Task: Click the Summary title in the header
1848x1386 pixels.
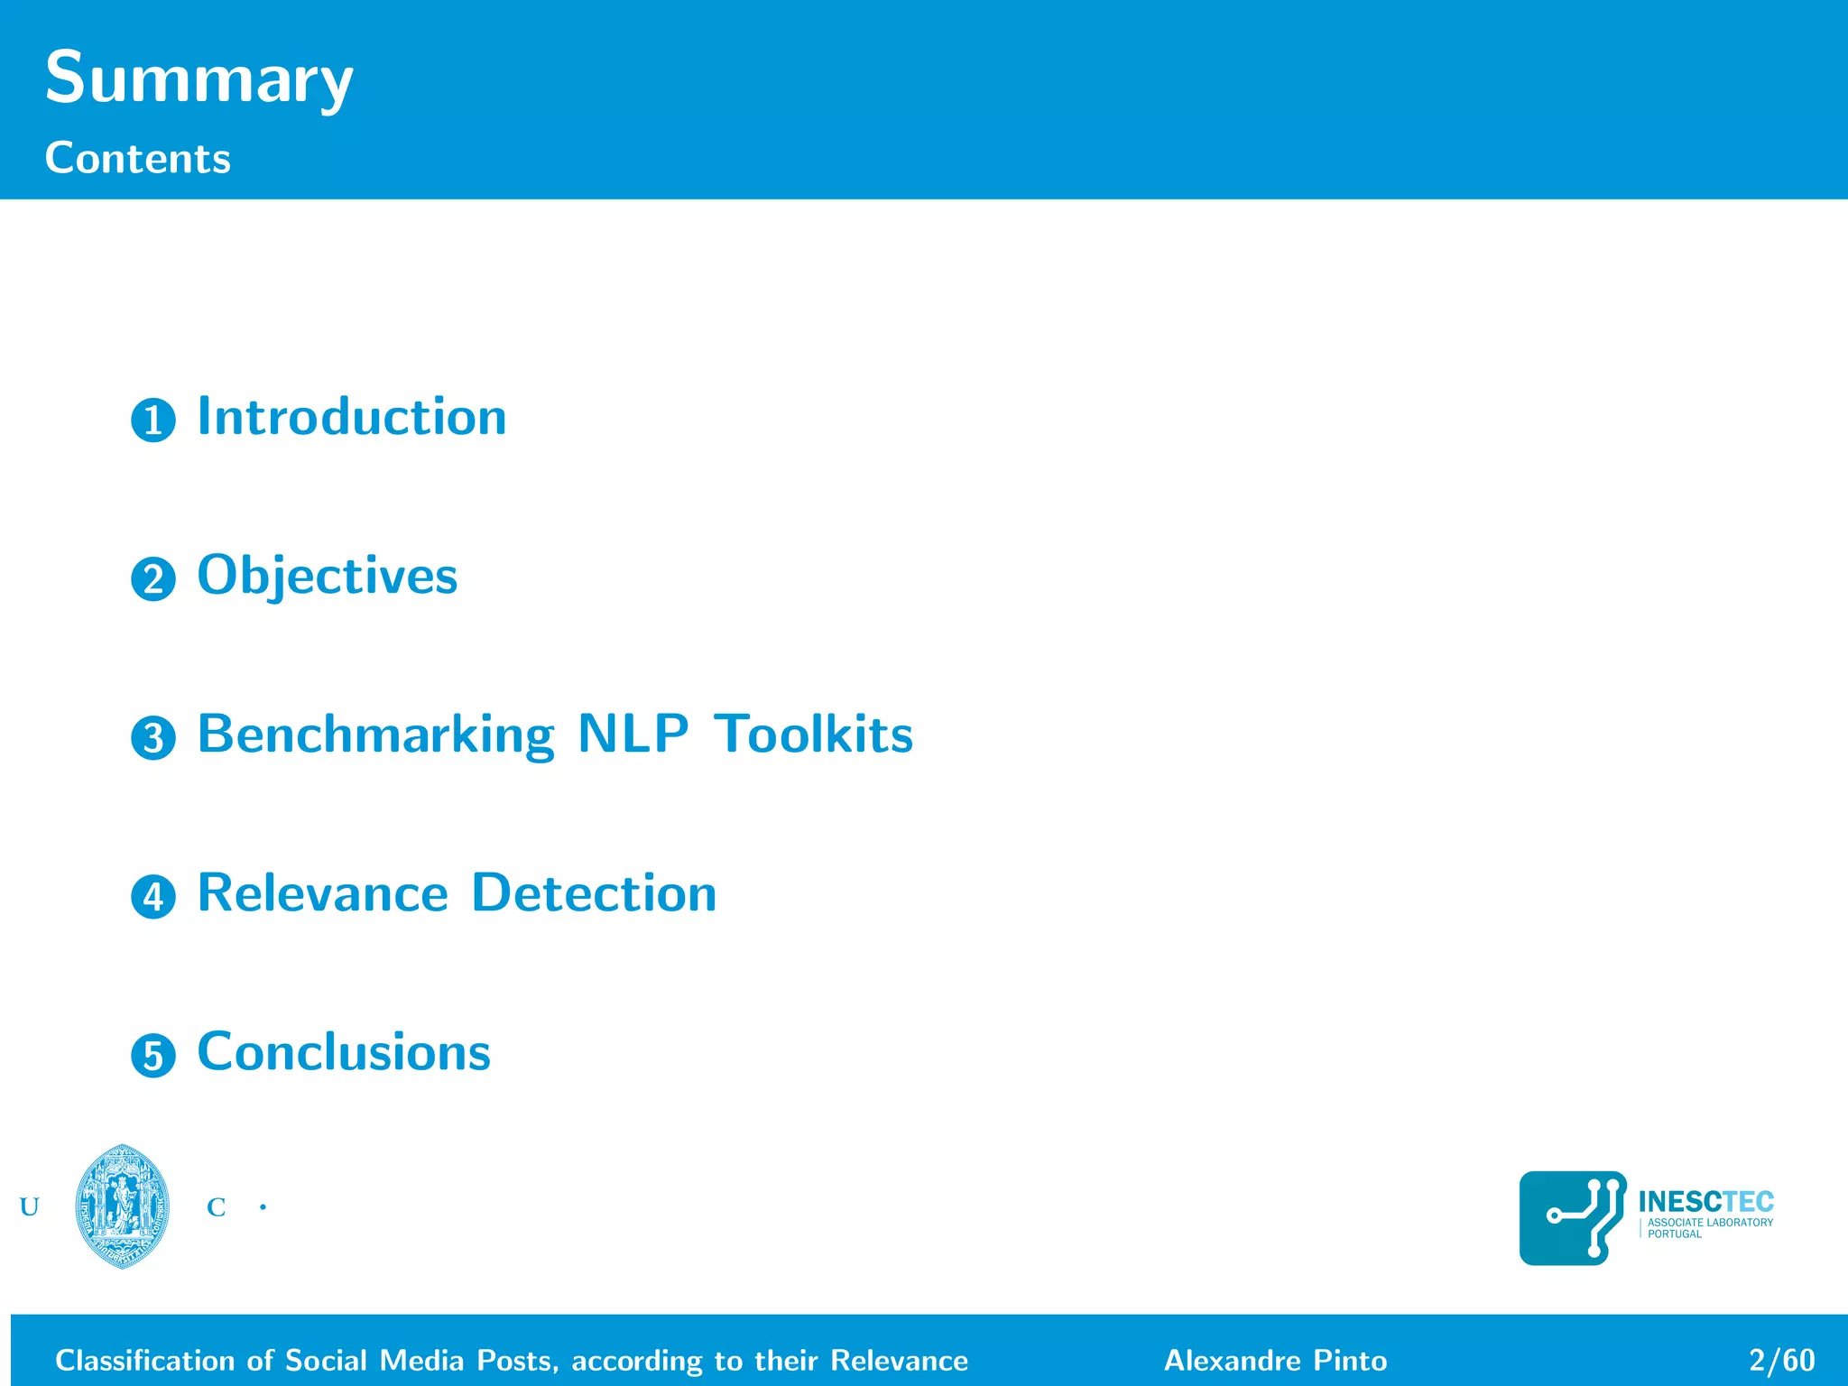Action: tap(199, 79)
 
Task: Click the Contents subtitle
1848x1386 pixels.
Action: tap(138, 159)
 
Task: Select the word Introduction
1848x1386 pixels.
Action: tap(352, 417)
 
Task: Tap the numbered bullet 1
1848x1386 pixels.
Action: tap(153, 420)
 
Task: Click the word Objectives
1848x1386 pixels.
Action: tap(328, 576)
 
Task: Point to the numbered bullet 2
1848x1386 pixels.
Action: tap(153, 579)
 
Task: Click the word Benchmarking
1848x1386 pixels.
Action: tap(375, 735)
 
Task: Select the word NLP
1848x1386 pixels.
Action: tap(633, 735)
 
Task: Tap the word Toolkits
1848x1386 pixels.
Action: tap(814, 735)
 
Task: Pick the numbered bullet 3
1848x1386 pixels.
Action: tap(153, 738)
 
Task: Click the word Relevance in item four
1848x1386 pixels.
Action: tap(322, 893)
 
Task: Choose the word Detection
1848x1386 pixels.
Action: tap(594, 893)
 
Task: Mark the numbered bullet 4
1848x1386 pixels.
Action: tap(153, 897)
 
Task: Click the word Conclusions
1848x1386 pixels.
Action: tap(344, 1052)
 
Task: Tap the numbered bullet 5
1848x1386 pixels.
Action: tap(153, 1056)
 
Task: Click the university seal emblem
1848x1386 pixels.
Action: tap(123, 1206)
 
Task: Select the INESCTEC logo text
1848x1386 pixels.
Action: tap(1705, 1202)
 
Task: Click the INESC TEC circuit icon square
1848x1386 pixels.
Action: tap(1573, 1218)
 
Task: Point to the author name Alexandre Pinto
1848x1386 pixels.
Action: tap(1275, 1360)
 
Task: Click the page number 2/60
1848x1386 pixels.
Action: tap(1781, 1360)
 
